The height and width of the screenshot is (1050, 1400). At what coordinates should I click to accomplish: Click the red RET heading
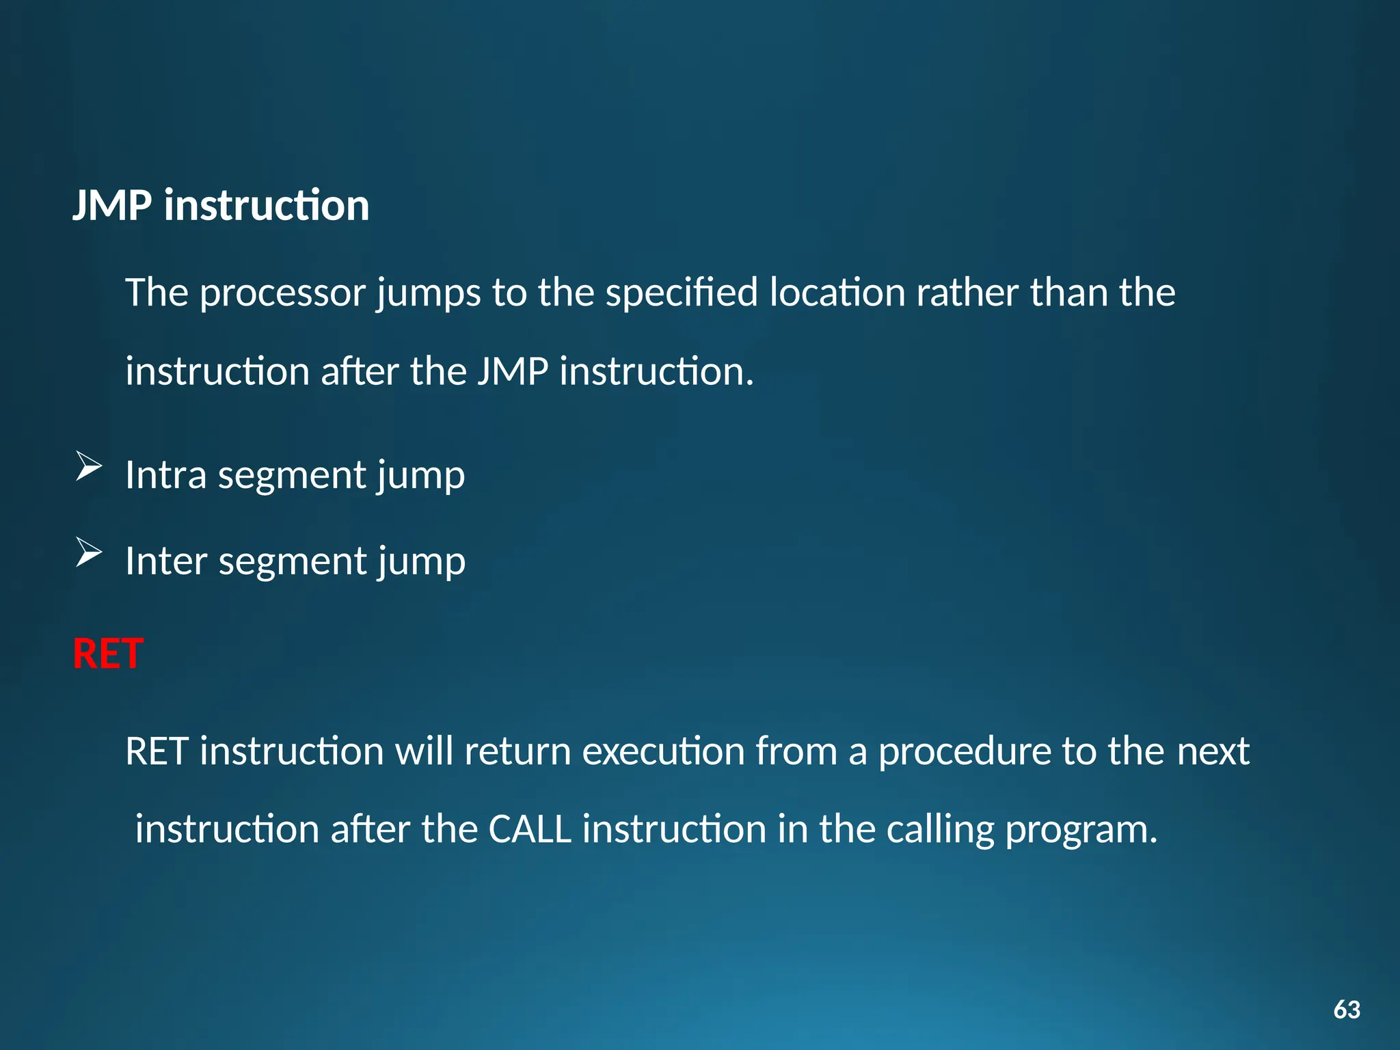(x=108, y=654)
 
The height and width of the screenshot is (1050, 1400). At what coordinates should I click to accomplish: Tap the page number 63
(x=1346, y=1010)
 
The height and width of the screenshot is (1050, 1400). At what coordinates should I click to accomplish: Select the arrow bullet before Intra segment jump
(x=88, y=467)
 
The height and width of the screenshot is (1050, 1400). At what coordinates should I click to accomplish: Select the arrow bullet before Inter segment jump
(x=88, y=552)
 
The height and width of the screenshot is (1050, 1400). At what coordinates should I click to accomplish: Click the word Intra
(x=165, y=474)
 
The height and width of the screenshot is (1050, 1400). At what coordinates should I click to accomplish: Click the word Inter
(x=165, y=561)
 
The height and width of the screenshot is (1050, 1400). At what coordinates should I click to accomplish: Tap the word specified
(x=681, y=293)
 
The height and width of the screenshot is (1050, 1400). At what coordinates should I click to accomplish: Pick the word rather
(x=967, y=293)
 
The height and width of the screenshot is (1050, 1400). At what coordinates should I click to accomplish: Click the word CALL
(x=530, y=829)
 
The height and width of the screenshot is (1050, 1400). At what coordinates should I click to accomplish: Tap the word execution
(x=662, y=751)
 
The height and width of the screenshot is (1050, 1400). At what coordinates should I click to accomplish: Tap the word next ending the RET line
(x=1213, y=751)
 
